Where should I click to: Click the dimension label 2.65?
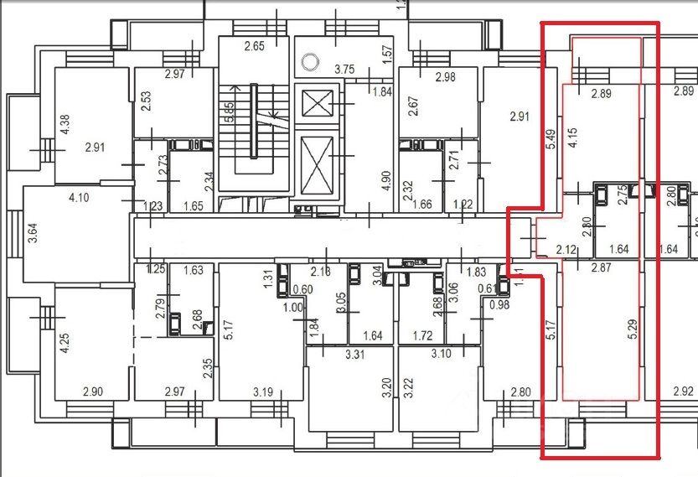[x=254, y=46]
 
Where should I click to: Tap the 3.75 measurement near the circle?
[x=344, y=70]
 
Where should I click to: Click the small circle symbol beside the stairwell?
[x=311, y=60]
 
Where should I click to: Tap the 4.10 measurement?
[x=79, y=198]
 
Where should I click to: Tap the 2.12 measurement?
[x=567, y=248]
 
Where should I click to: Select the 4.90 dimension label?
[x=387, y=182]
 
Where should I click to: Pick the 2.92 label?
[x=684, y=391]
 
